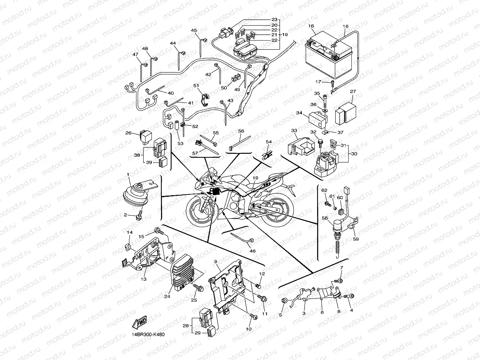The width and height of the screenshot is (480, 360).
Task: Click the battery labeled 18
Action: tap(328, 59)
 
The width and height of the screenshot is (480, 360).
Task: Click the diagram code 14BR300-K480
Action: tap(148, 335)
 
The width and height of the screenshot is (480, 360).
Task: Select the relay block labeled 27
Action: tap(346, 112)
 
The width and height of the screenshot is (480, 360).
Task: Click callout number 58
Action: tap(324, 218)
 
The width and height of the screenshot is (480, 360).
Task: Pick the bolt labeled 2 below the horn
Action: tap(138, 216)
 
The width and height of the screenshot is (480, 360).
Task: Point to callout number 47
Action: tap(135, 55)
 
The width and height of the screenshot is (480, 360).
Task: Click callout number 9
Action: tap(216, 262)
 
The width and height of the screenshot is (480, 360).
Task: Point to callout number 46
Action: tap(252, 251)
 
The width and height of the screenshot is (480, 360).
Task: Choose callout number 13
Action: tap(144, 279)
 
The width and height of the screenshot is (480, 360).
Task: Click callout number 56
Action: tap(241, 131)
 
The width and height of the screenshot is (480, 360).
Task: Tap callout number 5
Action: tap(281, 315)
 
